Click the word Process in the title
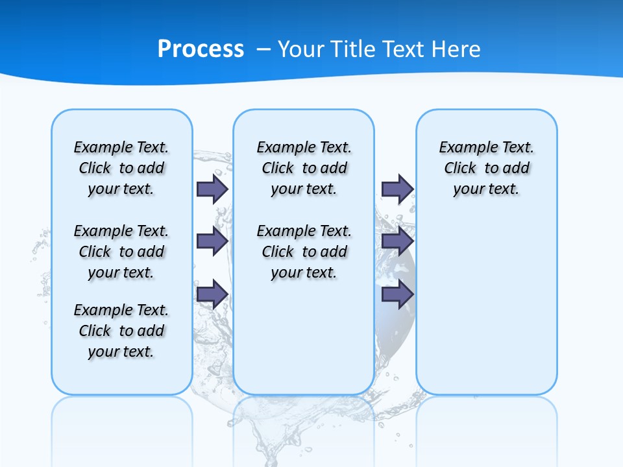coord(201,49)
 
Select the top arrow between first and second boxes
coord(212,189)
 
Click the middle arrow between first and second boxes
coord(212,241)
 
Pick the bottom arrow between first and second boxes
coord(212,294)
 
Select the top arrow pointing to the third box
coord(397,189)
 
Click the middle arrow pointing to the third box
coord(397,241)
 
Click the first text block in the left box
coord(121,168)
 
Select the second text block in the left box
coord(121,252)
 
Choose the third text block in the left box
coord(121,331)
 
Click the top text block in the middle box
coord(304,168)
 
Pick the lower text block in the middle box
coord(304,252)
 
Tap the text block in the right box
coord(486,168)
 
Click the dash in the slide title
coord(263,49)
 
